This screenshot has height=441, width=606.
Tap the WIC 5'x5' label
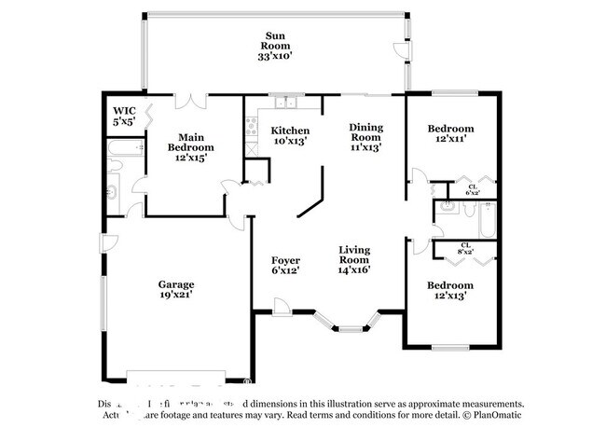[x=124, y=115]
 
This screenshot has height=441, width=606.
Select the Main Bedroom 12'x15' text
[x=190, y=147]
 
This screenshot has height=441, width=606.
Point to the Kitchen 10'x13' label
[x=289, y=135]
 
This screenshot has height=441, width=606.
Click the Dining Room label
[x=365, y=136]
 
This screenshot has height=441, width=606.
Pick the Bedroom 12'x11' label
[x=450, y=132]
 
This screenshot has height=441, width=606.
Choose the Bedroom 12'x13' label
[x=450, y=290]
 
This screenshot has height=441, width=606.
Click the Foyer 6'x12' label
[x=285, y=265]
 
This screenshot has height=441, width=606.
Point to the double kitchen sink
[x=282, y=100]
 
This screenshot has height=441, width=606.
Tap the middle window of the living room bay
[x=351, y=328]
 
